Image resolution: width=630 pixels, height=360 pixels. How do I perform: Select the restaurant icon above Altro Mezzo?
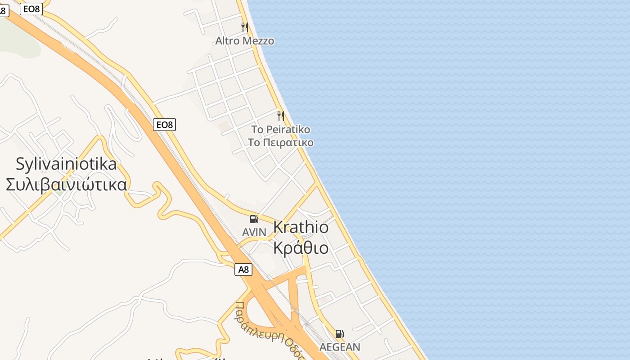(x=245, y=27)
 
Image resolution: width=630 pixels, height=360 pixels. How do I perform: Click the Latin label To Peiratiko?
(x=280, y=130)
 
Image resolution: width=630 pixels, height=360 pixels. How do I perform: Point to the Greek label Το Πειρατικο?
(x=280, y=143)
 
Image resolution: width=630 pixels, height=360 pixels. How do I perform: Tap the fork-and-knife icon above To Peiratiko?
(x=281, y=116)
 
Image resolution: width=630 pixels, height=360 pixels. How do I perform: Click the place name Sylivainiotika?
(x=66, y=164)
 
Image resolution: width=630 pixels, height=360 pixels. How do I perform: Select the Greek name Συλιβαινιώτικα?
(x=66, y=184)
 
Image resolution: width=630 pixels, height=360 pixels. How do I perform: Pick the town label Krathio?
(x=301, y=227)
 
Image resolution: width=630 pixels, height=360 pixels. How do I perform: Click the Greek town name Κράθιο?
(x=301, y=248)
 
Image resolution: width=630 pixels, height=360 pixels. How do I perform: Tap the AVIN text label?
(x=254, y=232)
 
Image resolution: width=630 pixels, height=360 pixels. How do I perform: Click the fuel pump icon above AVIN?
(x=254, y=219)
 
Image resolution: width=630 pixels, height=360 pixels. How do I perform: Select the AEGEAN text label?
(x=340, y=347)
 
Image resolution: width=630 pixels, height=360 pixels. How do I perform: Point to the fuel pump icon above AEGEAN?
(x=339, y=334)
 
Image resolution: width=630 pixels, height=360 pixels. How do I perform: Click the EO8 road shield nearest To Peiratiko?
(x=164, y=125)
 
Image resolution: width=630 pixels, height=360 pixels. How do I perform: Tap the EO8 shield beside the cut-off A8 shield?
(x=31, y=9)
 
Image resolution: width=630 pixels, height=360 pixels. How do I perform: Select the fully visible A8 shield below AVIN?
(x=243, y=270)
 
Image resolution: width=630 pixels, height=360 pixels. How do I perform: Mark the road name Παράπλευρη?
(x=252, y=322)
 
